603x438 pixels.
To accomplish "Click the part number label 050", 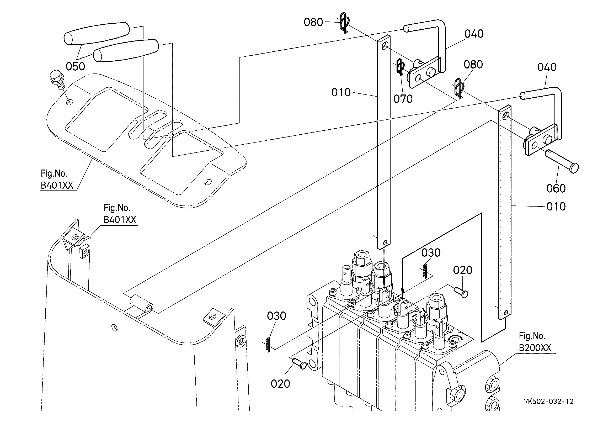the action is point(75,66).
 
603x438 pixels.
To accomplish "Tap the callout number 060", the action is point(556,188).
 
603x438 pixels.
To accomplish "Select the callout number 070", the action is point(403,99).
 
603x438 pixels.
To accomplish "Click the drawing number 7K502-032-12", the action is point(549,402).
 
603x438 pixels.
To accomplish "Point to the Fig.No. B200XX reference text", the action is point(535,342).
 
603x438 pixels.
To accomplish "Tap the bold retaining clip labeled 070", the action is point(401,67).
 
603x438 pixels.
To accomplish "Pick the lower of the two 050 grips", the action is point(126,51).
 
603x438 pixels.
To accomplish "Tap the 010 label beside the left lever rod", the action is point(341,93).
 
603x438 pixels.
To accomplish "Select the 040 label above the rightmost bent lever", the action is point(547,67).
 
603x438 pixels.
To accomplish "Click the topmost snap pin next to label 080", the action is point(344,23).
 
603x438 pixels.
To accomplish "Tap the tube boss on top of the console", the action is point(141,304).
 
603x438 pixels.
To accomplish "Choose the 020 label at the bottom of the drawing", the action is point(280,384).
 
